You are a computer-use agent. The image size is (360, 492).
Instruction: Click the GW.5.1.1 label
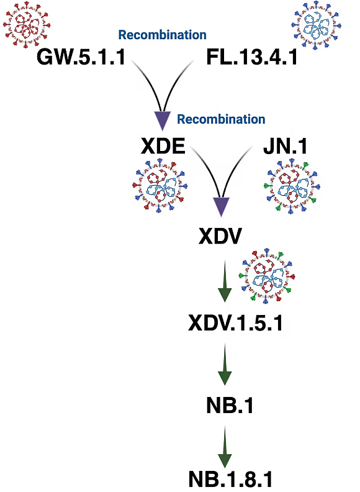[x=81, y=57]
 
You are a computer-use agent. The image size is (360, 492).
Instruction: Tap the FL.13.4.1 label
[x=252, y=57]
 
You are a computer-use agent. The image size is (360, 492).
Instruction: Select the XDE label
[x=163, y=146]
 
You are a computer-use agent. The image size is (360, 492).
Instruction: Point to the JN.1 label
[x=285, y=146]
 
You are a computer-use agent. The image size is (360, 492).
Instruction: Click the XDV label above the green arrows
[x=220, y=236]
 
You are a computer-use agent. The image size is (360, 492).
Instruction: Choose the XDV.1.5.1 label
[x=235, y=322]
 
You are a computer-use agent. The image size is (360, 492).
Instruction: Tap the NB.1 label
[x=230, y=405]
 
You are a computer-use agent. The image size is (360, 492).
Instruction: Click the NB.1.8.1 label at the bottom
[x=230, y=479]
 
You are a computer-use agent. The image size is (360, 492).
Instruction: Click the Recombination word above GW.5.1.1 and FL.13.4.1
[x=162, y=35]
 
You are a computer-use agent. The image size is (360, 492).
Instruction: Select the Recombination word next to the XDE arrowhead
[x=221, y=119]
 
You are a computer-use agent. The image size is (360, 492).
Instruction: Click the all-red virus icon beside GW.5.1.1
[x=26, y=24]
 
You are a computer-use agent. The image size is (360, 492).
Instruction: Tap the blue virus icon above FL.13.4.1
[x=316, y=25]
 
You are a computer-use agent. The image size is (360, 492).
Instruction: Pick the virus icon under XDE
[x=160, y=186]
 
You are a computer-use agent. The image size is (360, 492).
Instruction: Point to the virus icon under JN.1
[x=292, y=186]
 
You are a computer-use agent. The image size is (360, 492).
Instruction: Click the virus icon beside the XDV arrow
[x=267, y=276]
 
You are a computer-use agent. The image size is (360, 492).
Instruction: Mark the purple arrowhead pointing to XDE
[x=163, y=119]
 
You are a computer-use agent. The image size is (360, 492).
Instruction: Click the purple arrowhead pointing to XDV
[x=222, y=206]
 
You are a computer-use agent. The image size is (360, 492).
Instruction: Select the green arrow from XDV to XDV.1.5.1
[x=225, y=281]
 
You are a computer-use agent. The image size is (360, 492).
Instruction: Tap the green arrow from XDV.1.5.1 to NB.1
[x=225, y=364]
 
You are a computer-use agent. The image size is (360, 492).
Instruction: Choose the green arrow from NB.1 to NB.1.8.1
[x=225, y=447]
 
